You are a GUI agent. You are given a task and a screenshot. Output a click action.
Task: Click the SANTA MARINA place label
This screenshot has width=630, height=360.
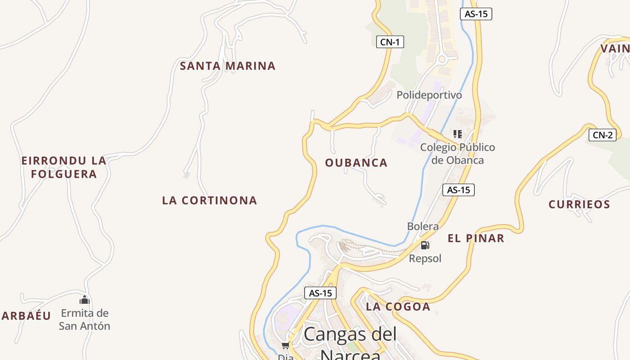227,66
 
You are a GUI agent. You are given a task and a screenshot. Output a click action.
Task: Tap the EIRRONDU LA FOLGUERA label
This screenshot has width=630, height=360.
64,167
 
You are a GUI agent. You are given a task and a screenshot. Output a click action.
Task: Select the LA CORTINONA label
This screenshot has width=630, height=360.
210,201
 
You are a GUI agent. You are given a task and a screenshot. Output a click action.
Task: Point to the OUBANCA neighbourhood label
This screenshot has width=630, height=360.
356,163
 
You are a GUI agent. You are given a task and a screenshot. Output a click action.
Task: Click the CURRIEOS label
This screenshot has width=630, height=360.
579,205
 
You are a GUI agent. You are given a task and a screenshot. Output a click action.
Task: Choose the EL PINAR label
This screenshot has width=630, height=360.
476,238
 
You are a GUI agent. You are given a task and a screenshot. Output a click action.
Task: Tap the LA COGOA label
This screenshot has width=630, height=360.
398,307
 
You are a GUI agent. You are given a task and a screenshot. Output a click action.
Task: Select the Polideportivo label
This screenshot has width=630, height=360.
429,95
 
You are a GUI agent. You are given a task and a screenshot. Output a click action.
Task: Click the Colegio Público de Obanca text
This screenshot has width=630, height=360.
457,154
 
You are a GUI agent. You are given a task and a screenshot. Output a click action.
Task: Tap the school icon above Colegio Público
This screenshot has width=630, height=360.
458,134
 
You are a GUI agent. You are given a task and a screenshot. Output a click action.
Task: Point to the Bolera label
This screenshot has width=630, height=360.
423,226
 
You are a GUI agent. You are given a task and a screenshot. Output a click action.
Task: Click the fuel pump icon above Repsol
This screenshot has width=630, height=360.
425,245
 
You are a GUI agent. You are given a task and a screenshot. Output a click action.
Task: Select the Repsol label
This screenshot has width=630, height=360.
425,259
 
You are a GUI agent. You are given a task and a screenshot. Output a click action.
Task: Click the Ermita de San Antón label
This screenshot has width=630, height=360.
85,319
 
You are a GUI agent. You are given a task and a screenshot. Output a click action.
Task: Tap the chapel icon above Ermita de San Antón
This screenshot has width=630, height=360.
85,300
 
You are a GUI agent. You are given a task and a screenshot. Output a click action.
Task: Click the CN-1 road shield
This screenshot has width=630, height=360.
390,42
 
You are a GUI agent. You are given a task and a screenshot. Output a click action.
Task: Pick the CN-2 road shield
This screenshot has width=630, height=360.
602,135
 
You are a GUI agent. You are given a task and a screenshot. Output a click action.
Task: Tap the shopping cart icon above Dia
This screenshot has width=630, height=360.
285,346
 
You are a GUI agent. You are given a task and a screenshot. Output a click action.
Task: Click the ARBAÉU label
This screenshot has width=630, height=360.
26,316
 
